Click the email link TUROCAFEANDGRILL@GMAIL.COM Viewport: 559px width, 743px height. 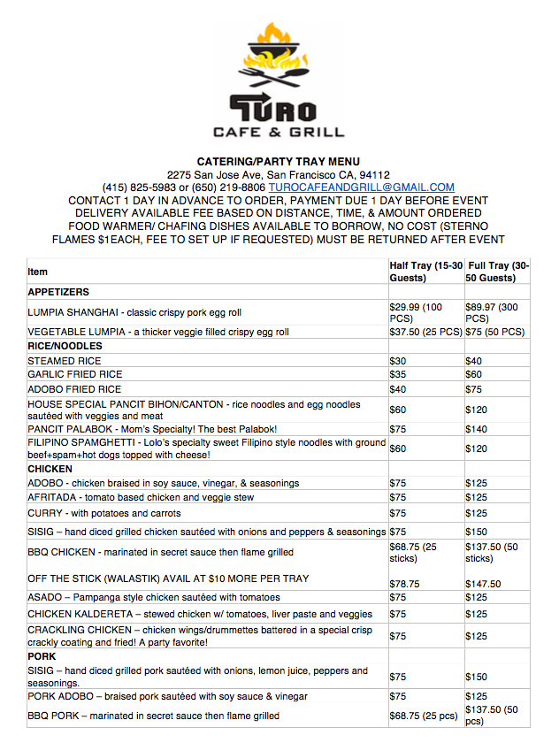pyautogui.click(x=362, y=188)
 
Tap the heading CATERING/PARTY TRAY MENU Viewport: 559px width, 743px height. pyautogui.click(x=279, y=162)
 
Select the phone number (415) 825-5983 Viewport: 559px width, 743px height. pyautogui.click(x=139, y=188)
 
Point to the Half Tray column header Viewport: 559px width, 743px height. pyautogui.click(x=425, y=272)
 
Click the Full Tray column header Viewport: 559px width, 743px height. pyautogui.click(x=500, y=272)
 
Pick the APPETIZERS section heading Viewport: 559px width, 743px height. pyautogui.click(x=58, y=292)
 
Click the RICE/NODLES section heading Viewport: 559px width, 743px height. pyautogui.click(x=65, y=347)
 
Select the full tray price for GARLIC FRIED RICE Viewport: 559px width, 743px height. pyautogui.click(x=475, y=375)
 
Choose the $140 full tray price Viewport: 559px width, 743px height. pyautogui.click(x=478, y=428)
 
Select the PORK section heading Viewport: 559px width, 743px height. pyautogui.click(x=42, y=657)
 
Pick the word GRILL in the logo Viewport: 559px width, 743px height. pyautogui.click(x=311, y=133)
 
